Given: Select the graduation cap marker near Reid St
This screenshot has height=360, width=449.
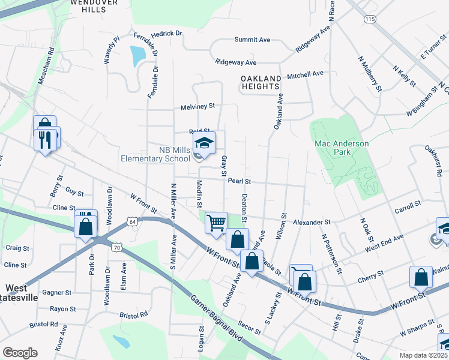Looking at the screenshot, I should (x=205, y=143).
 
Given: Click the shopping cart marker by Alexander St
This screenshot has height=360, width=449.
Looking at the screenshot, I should (x=215, y=222).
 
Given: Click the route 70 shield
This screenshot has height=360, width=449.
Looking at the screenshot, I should (x=118, y=247).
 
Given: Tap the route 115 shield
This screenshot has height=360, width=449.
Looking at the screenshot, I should (x=369, y=20).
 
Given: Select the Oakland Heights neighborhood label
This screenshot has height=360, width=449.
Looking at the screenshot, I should (x=261, y=83).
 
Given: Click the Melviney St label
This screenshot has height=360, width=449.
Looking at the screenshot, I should (x=197, y=106).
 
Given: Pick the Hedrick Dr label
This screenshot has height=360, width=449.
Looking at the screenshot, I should (x=157, y=34).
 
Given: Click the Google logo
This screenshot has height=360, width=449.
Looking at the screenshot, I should (x=20, y=353).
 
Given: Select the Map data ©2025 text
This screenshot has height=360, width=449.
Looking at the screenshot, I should (x=423, y=355).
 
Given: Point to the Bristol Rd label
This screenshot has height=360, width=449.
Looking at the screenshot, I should (x=133, y=314).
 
